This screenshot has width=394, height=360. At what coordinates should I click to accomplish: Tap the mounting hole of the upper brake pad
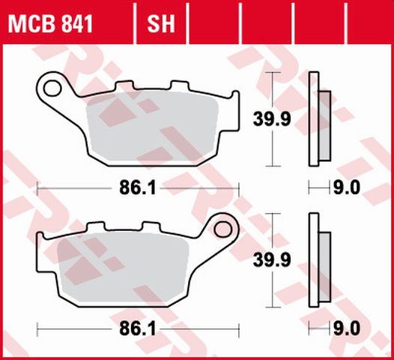tap(53, 88)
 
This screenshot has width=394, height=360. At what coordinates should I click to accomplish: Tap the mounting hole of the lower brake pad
tap(222, 228)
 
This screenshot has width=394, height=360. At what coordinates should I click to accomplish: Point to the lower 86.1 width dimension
tap(138, 328)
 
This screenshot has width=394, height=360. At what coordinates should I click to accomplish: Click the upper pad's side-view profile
tap(315, 118)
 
